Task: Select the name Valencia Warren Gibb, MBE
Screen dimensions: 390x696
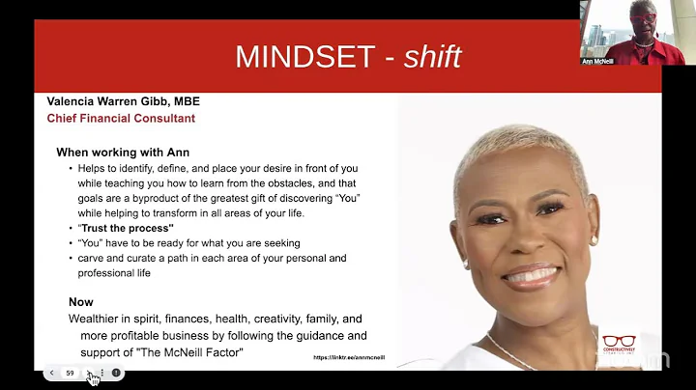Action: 123,101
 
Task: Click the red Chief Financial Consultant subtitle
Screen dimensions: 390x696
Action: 121,119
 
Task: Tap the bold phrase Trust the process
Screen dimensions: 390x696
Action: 119,228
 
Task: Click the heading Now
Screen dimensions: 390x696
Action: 81,301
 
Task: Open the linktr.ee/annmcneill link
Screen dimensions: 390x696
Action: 349,357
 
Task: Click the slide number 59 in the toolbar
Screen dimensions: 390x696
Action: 70,373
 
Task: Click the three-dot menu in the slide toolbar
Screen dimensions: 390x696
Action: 102,373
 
